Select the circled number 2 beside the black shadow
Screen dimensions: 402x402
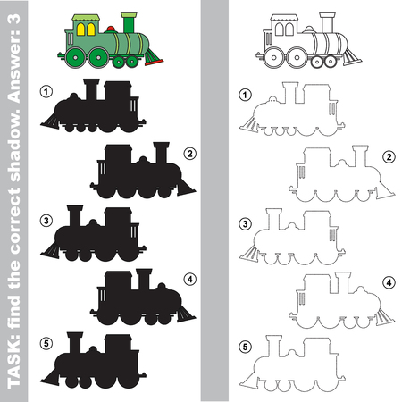189,153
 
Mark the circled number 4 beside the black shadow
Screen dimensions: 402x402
189,279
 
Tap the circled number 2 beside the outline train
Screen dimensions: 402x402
388,157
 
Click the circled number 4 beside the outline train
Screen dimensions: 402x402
388,283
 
